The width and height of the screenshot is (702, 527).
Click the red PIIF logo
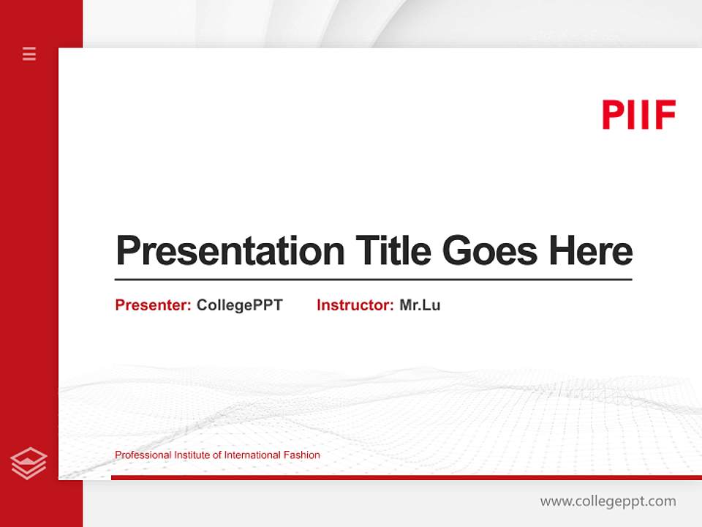tap(638, 115)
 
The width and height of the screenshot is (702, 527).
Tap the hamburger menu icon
tap(29, 53)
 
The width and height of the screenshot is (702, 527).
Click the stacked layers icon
tap(29, 463)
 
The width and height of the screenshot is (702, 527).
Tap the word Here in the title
tap(591, 251)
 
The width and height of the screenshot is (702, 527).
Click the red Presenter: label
tap(153, 305)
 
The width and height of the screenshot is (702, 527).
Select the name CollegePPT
tap(239, 305)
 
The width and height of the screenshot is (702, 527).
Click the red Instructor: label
tap(355, 305)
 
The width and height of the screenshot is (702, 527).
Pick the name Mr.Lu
tap(420, 305)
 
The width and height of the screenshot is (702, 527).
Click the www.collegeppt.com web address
tap(608, 501)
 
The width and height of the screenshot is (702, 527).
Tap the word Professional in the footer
tap(143, 455)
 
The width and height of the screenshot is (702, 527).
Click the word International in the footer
tap(252, 455)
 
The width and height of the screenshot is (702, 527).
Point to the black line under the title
tap(373, 280)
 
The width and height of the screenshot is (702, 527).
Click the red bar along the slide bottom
tap(406, 477)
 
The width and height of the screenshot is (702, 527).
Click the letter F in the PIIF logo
tap(665, 115)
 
